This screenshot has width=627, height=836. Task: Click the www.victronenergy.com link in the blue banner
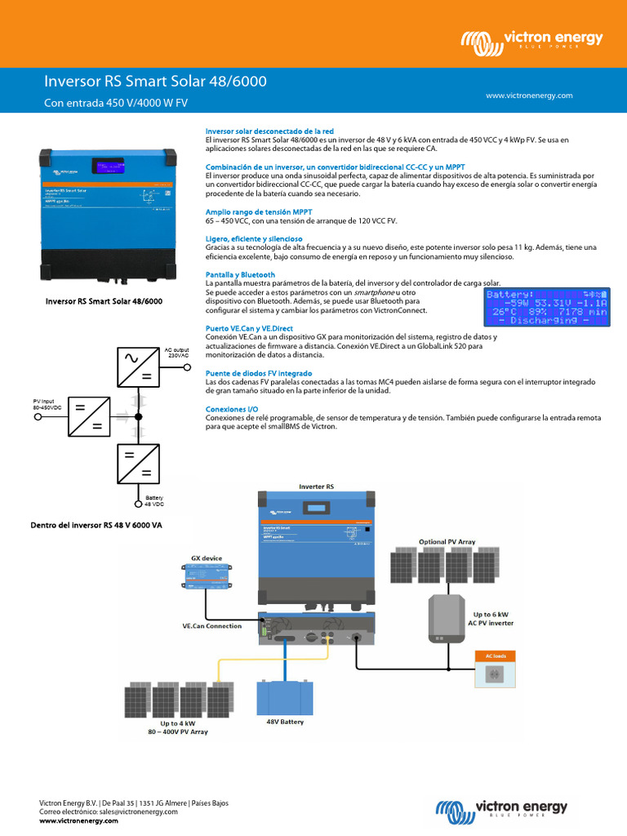point(529,96)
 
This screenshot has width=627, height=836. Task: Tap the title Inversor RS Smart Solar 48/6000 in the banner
point(154,82)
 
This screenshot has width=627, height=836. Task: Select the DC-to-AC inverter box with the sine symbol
point(138,364)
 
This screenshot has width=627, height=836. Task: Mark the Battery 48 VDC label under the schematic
point(154,501)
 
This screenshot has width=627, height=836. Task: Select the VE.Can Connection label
point(211,626)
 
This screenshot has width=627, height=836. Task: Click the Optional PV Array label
point(447,541)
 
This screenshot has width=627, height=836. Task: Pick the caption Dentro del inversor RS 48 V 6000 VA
point(96,526)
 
